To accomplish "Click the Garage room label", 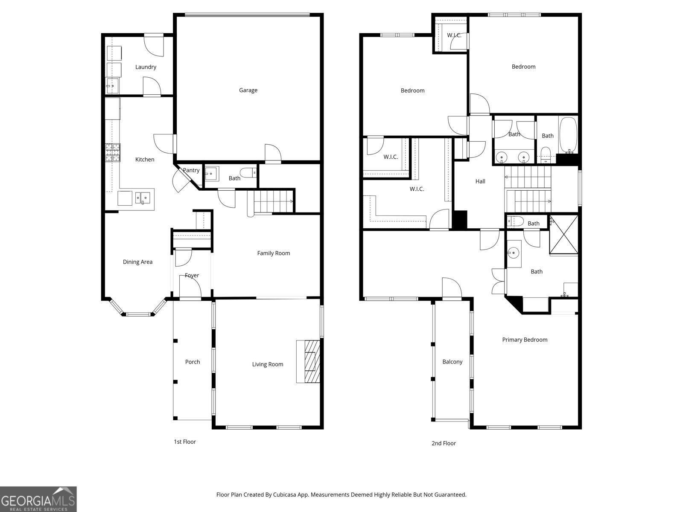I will point(248,90).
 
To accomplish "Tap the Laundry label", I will point(146,67).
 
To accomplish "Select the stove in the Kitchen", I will point(113,153).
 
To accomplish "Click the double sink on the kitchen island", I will point(143,198).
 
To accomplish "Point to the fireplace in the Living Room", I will point(308,361).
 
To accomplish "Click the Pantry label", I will point(191,170).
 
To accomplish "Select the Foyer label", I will point(192,275).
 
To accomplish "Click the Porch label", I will point(193,362).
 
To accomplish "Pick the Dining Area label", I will point(137,262).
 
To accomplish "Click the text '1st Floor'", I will point(184,442).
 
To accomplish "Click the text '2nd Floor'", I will point(444,443).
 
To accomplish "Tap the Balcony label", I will point(452,362).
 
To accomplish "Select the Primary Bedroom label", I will point(525,340).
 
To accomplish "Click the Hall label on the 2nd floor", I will point(480,181).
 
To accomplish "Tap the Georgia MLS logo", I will point(38,499).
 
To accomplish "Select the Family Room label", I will point(273,253).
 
